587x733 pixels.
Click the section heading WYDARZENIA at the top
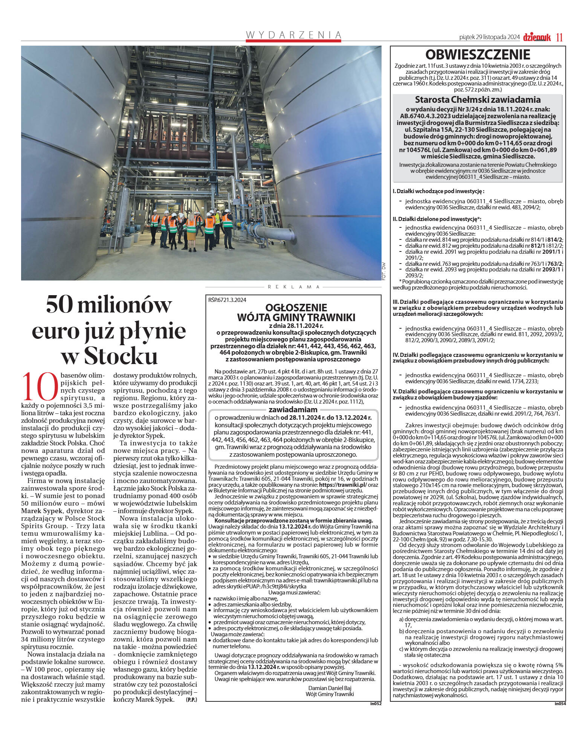pos(293,35)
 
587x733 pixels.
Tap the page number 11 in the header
pos(559,37)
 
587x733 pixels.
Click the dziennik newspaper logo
pos(537,37)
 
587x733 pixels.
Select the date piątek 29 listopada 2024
pos(489,37)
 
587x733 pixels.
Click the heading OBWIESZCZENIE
pos(477,55)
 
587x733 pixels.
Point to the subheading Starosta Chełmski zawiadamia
pos(477,100)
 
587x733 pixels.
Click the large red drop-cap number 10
pos(40,387)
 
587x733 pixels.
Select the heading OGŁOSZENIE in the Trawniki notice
pos(296,308)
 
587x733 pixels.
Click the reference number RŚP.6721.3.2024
pos(227,300)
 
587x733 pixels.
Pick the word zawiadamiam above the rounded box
pos(293,410)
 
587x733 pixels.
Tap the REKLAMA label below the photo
pos(293,287)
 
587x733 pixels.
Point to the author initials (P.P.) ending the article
pos(191,699)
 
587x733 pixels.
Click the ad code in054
pos(559,703)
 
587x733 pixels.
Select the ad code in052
pos(375,703)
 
